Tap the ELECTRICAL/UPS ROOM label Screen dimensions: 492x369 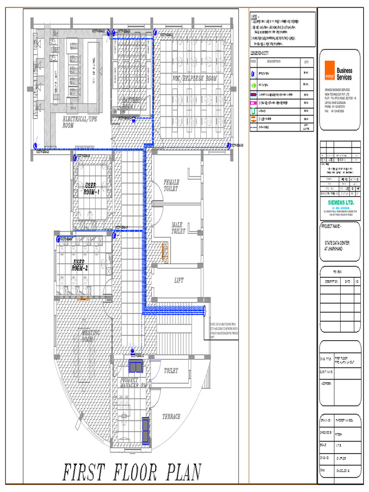(80, 122)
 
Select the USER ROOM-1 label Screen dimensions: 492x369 (91, 188)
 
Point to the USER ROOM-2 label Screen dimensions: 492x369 (80, 265)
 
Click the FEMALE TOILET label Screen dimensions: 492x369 (171, 185)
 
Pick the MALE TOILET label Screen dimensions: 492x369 (178, 228)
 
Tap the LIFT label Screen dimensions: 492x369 (179, 281)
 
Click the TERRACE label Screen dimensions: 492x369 (172, 417)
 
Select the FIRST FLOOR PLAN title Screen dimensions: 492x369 (132, 473)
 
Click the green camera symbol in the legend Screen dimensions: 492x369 (254, 85)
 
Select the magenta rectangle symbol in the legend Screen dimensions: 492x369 (254, 103)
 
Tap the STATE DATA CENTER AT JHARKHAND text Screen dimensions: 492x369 (337, 246)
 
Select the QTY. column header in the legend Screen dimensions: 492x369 (306, 62)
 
